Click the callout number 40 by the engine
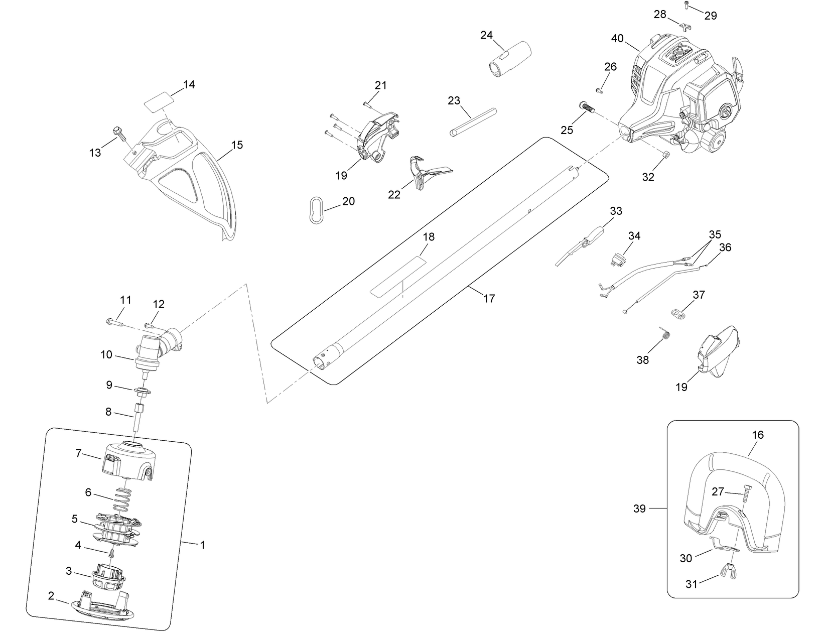pos(617,39)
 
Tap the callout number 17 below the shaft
pos(489,299)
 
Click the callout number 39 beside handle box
pos(639,509)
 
